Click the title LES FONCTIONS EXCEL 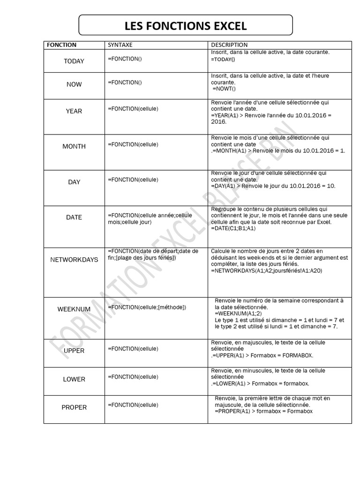coord(185,25)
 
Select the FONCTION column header coord(60,45)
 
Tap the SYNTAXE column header coord(120,45)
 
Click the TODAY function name coord(74,61)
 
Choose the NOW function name coord(74,84)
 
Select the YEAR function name coord(74,111)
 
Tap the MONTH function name coord(74,146)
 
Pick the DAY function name coord(74,182)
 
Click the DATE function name coord(74,217)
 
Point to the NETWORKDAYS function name coord(74,259)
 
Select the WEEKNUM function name coord(74,309)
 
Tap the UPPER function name coord(74,351)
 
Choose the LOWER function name coord(74,379)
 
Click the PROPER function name coord(74,407)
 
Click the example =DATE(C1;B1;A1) coord(233,228)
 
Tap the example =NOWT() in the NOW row coord(225,89)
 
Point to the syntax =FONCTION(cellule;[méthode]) coord(147,307)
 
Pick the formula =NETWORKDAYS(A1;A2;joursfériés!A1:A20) coord(267,271)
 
